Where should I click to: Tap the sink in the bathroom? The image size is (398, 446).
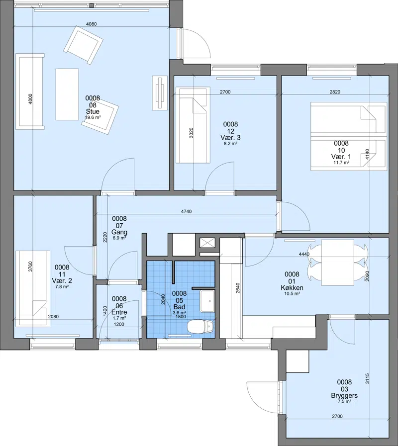coord(207,301)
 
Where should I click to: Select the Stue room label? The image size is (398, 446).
coord(93,111)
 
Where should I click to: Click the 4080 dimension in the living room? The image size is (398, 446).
coord(92,24)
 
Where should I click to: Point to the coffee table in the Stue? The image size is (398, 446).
coord(67,94)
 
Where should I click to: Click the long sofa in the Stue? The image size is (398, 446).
coord(30,91)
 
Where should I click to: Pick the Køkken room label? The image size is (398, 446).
coord(292,288)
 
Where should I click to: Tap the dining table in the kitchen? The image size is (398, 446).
coord(338,263)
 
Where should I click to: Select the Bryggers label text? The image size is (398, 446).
coord(344,395)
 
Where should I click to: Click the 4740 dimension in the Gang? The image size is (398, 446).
coord(186,212)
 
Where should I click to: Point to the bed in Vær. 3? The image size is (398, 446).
coord(193,125)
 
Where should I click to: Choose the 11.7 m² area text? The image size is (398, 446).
coord(341,163)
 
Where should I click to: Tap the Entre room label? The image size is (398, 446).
coord(119,312)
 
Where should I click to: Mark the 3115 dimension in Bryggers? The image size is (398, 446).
coord(367,378)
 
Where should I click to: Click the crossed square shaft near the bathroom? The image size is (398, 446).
coord(207,243)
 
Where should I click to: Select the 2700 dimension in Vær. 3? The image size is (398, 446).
coord(225,92)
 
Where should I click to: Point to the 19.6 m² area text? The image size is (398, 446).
coord(93,117)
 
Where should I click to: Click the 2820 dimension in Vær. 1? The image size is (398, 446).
coord(335,92)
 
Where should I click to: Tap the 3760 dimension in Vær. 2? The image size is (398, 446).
coord(30,267)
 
